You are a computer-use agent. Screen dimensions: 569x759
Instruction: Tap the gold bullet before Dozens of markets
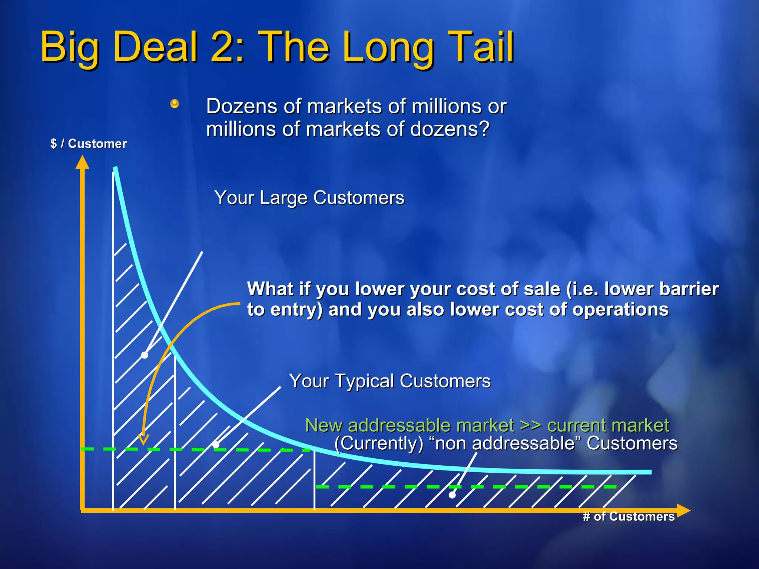175,104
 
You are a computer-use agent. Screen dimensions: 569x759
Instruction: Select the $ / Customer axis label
89,144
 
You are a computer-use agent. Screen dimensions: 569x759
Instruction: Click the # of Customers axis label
629,516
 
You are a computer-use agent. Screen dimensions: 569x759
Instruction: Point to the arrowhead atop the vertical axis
82,162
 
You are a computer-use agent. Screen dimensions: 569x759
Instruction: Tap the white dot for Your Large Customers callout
145,355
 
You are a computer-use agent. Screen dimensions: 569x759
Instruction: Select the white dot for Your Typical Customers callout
216,445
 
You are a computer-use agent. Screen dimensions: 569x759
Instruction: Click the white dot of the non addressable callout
452,495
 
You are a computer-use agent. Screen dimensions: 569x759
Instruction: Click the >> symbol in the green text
530,425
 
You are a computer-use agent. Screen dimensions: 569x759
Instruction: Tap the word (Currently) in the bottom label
379,443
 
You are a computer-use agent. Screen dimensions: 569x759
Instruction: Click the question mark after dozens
484,129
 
